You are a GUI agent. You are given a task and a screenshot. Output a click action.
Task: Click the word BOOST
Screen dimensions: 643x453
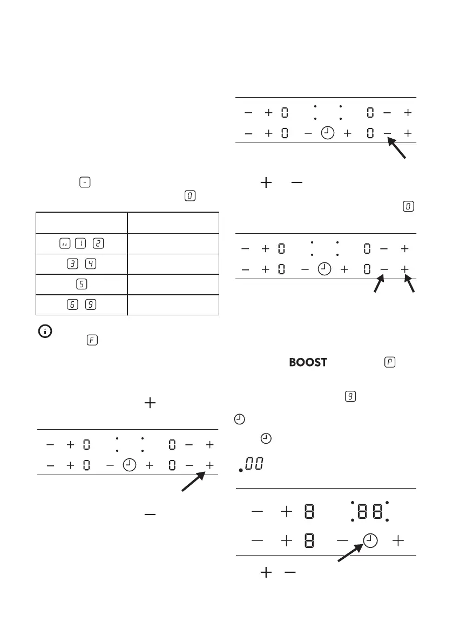308,362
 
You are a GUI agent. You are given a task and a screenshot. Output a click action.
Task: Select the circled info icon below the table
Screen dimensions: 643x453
43,332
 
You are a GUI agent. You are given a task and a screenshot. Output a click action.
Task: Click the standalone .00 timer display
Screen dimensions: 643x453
252,465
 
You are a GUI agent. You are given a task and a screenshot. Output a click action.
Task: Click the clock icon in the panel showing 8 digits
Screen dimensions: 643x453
369,540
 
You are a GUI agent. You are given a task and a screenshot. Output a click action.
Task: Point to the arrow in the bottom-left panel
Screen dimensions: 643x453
193,482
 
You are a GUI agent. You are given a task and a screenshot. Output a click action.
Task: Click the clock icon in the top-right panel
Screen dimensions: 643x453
327,133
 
